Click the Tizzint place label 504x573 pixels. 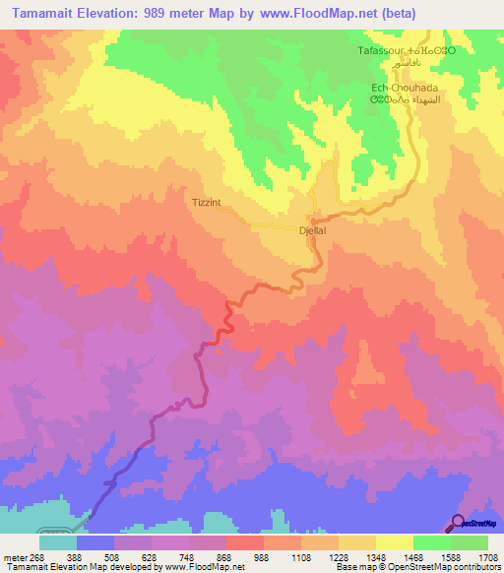207,204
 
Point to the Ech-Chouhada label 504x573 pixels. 404,87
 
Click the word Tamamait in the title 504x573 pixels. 41,13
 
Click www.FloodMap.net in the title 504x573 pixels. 314,13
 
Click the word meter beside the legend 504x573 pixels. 15,556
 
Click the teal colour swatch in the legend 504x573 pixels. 57,541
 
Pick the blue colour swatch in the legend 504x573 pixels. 94,541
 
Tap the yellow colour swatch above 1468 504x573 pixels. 394,541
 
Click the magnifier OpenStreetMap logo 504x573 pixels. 458,523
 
